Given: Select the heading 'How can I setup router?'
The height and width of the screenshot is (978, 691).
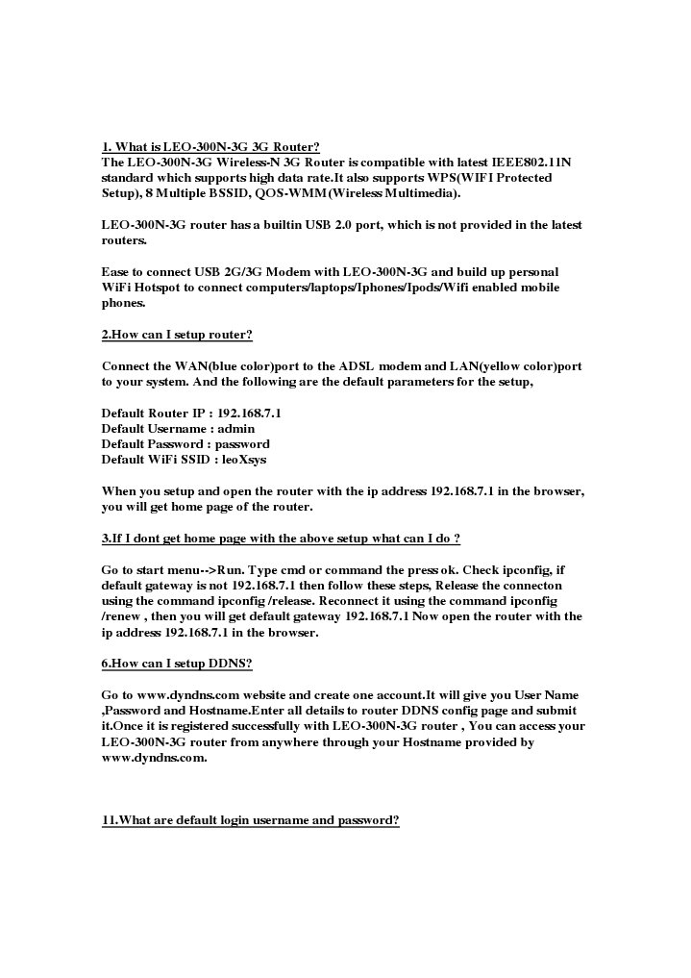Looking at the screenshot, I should click(x=177, y=335).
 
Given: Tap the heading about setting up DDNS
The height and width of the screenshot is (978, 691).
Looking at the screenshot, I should click(x=177, y=664).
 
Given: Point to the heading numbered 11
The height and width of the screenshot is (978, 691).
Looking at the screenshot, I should click(x=250, y=820).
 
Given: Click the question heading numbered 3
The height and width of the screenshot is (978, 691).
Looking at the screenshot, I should click(x=281, y=538).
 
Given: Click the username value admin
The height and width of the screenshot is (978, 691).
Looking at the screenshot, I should click(x=236, y=429).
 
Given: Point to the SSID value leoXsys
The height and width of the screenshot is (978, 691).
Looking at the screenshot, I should click(x=244, y=460).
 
